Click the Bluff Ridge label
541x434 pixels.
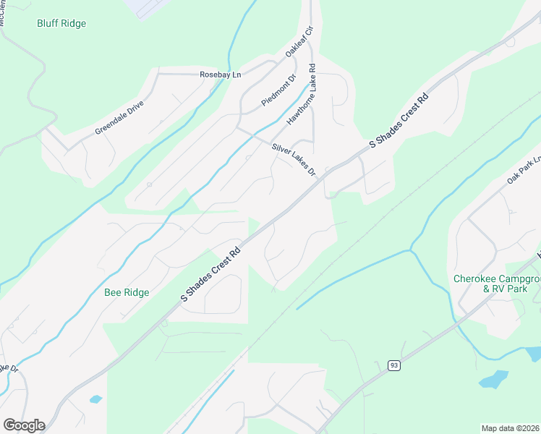pyautogui.click(x=61, y=24)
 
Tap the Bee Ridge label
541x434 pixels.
pyautogui.click(x=127, y=292)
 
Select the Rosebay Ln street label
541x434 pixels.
pyautogui.click(x=221, y=75)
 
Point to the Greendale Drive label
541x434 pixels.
pyautogui.click(x=119, y=117)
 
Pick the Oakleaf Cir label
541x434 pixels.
pyautogui.click(x=299, y=41)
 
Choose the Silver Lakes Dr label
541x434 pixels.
pyautogui.click(x=294, y=159)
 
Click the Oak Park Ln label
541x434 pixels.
pyautogui.click(x=524, y=169)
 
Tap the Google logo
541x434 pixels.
pyautogui.click(x=24, y=425)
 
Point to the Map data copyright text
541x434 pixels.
pyautogui.click(x=511, y=428)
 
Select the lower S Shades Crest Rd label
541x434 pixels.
pyautogui.click(x=210, y=275)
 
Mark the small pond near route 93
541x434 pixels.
pyautogui.click(x=493, y=379)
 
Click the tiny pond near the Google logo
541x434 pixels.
pyautogui.click(x=95, y=399)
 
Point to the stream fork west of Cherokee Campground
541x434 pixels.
pyautogui.click(x=411, y=250)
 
